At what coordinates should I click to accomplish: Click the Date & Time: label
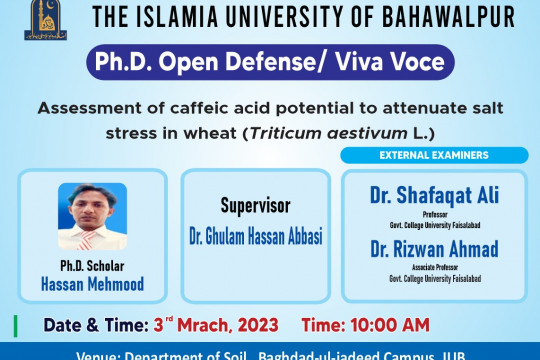coord(84,325)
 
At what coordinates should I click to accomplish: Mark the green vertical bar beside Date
coord(15,325)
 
